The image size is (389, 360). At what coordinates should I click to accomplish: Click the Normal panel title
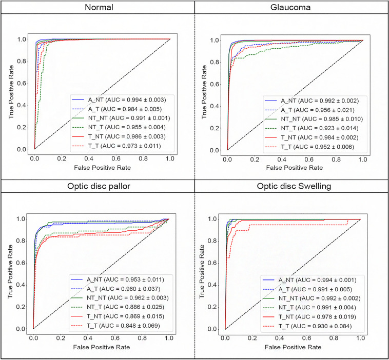97,8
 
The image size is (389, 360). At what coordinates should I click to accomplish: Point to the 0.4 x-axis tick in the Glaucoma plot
281,159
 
